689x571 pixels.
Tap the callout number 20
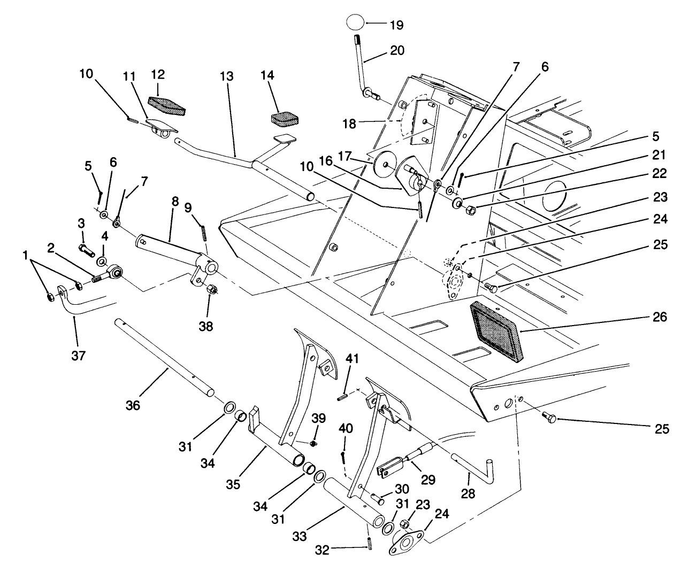397,51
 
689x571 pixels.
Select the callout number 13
226,76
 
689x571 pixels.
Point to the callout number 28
468,493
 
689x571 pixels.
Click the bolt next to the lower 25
550,417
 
